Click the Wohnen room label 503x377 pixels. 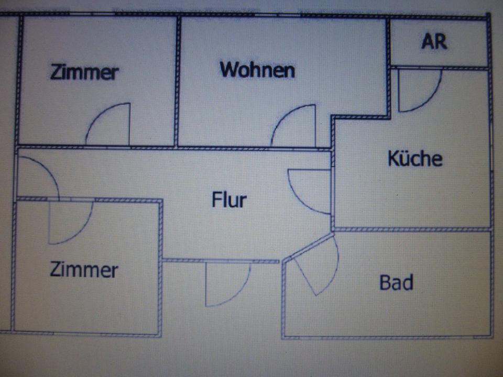tap(257, 70)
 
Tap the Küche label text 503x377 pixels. tap(415, 158)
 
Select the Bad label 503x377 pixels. tap(396, 282)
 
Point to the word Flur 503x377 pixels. tap(229, 199)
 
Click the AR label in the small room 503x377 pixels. tap(434, 41)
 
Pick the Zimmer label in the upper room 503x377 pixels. tap(85, 72)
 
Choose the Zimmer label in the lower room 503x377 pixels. tap(84, 269)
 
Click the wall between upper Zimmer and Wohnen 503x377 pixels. tap(177, 82)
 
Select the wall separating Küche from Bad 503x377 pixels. tap(412, 229)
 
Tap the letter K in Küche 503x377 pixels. tap(393, 159)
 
